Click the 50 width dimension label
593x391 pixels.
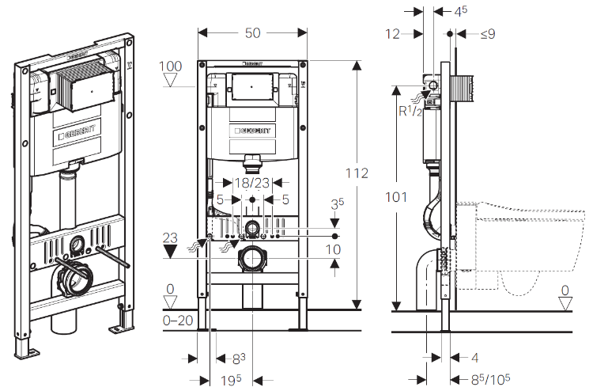pyautogui.click(x=253, y=33)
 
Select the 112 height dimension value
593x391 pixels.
pyautogui.click(x=357, y=173)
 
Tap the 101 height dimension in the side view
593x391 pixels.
pyautogui.click(x=396, y=197)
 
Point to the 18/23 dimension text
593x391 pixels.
pyautogui.click(x=252, y=183)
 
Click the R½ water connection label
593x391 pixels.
pyautogui.click(x=410, y=111)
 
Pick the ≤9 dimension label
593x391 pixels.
pyautogui.click(x=488, y=34)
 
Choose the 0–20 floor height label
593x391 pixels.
pyautogui.click(x=178, y=321)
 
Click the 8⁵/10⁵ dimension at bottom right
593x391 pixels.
pyautogui.click(x=490, y=379)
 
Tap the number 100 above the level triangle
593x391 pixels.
pyautogui.click(x=170, y=66)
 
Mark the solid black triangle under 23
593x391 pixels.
pyautogui.click(x=170, y=252)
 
